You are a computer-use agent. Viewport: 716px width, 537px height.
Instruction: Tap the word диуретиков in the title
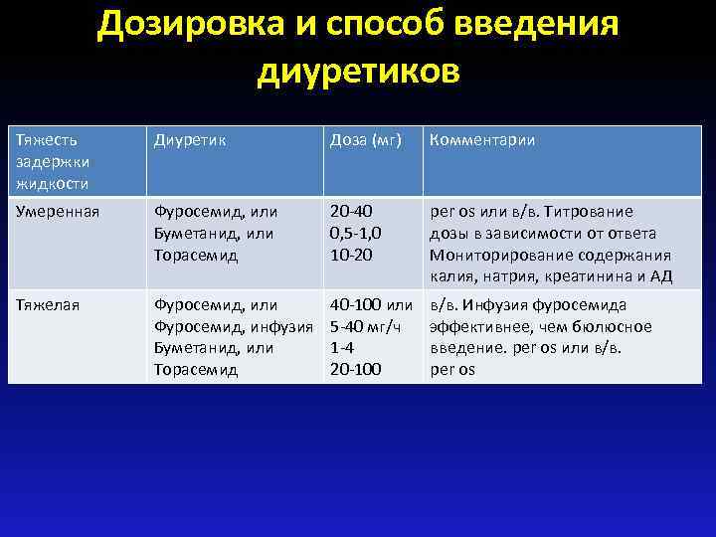coord(358,71)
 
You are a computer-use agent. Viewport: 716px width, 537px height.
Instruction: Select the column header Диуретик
coord(189,140)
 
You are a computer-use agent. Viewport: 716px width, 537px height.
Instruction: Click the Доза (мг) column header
coord(365,140)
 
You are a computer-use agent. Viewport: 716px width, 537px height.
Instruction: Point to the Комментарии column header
coord(482,140)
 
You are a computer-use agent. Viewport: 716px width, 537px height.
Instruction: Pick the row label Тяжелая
coord(47,305)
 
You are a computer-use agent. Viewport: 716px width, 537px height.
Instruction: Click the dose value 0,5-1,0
coord(355,233)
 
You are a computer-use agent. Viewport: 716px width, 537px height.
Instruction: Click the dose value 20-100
coord(354,370)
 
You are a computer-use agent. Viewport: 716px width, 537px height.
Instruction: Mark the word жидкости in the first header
coord(52,183)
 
